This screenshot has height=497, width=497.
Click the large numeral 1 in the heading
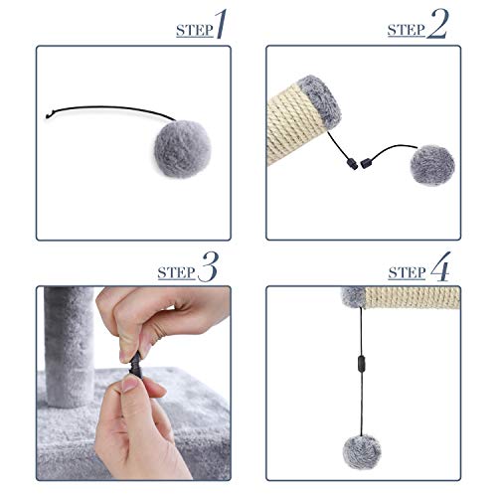point(222,24)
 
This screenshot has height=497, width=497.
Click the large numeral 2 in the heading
point(437,24)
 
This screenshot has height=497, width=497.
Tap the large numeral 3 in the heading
point(208,266)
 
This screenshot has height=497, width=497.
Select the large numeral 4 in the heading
point(440,266)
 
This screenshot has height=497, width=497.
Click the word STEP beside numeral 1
point(195,31)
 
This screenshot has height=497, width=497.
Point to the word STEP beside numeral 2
point(407,30)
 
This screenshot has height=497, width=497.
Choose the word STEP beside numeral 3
point(176,272)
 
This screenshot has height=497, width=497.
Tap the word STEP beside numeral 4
point(407,272)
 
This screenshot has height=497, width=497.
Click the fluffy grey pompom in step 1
point(183,149)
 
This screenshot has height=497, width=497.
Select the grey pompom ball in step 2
point(432,165)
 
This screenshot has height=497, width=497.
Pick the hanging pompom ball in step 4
point(362,452)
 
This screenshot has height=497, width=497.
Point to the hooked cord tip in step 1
point(47,115)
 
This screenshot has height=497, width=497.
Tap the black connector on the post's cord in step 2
point(352,164)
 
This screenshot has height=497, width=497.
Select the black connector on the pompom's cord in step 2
point(366,163)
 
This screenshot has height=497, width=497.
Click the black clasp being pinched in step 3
point(136,367)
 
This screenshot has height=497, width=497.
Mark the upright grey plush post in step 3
point(70,347)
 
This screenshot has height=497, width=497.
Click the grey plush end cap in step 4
point(353,297)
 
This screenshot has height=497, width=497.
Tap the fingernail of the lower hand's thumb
point(129,384)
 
